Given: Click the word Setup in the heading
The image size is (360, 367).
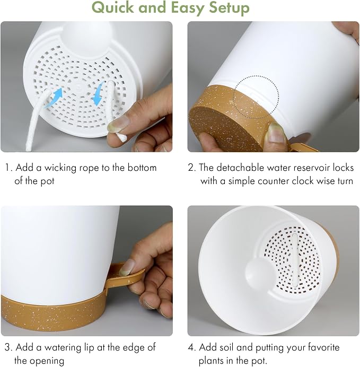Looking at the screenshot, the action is point(229,8).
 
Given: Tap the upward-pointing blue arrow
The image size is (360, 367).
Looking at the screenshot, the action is point(54,98).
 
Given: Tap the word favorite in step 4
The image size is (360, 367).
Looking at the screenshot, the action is point(323,347).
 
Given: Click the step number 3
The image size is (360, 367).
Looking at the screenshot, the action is point(7,347).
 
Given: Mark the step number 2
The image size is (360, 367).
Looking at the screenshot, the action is point(191,168).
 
